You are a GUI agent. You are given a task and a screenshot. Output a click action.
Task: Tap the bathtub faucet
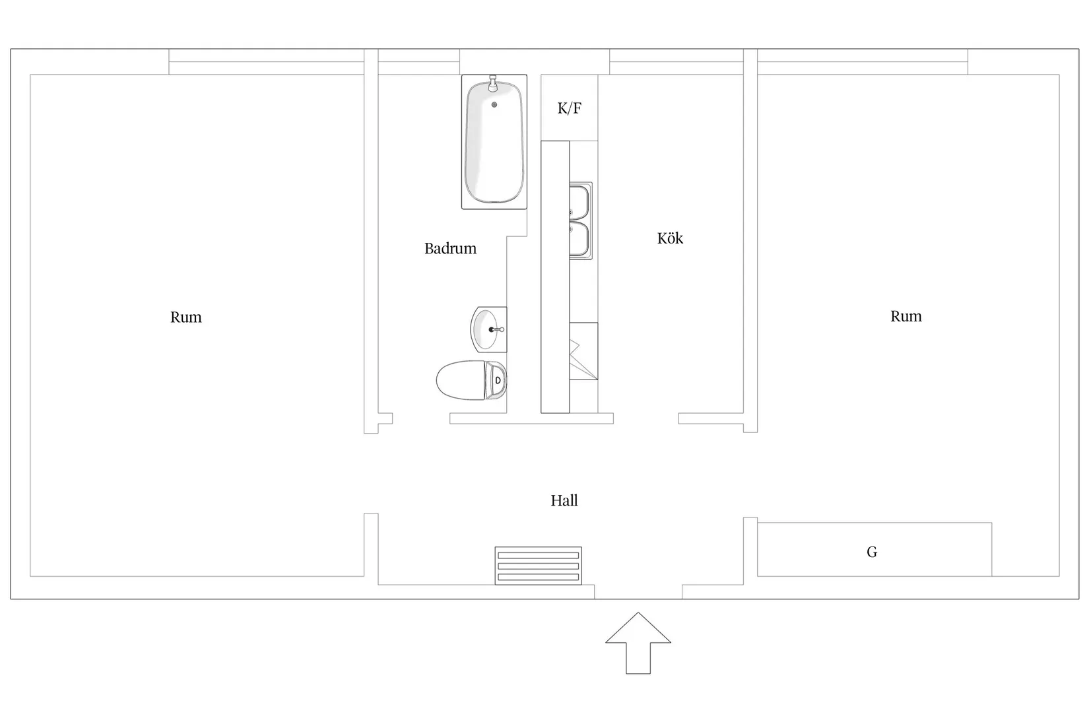(x=492, y=84)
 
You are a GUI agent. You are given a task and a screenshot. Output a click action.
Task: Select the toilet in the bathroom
(x=470, y=380)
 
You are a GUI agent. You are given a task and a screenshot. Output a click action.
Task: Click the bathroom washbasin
(x=486, y=329)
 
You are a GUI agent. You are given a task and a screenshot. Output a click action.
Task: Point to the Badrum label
(x=450, y=249)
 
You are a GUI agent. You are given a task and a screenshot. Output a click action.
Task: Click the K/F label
(x=569, y=108)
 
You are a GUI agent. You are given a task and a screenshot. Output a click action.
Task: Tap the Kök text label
(x=670, y=238)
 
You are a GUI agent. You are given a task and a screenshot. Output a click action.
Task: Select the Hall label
(x=564, y=501)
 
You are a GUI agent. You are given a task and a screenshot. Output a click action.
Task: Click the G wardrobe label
(x=872, y=552)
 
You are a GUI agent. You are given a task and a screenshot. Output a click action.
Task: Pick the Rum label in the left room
(x=186, y=317)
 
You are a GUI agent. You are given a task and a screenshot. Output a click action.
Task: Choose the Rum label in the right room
(x=906, y=316)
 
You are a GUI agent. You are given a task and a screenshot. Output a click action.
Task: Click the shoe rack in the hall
(x=539, y=566)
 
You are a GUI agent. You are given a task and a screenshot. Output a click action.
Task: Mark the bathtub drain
(x=494, y=104)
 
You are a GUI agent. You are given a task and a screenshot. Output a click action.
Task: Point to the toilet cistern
(x=497, y=380)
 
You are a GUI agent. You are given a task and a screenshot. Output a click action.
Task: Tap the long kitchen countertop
(x=555, y=277)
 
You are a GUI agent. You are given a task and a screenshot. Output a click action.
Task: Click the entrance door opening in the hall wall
(x=638, y=591)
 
